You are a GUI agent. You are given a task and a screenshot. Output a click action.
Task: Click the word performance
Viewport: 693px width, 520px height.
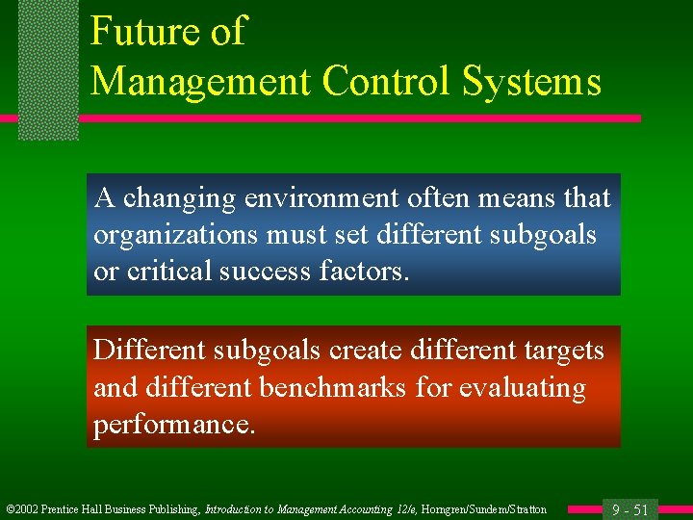(174, 425)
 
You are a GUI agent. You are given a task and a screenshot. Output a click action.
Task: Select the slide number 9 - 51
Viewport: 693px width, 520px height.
(629, 509)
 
